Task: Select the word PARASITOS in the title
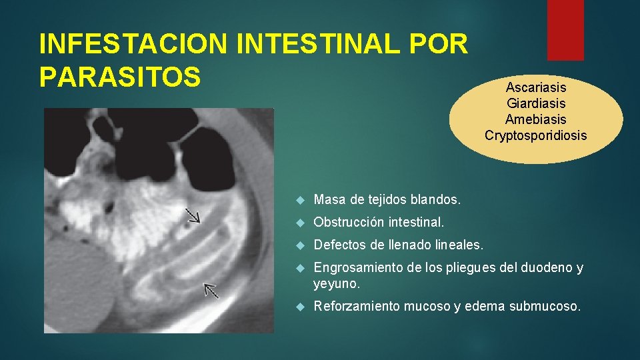tap(120, 77)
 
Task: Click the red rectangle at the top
tap(565, 30)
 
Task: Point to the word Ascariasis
tap(536, 87)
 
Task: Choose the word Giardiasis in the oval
tap(536, 103)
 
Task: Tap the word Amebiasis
tap(536, 119)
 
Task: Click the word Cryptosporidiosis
tap(536, 135)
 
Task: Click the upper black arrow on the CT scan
tap(193, 215)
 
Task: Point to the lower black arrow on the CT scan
tap(211, 290)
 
